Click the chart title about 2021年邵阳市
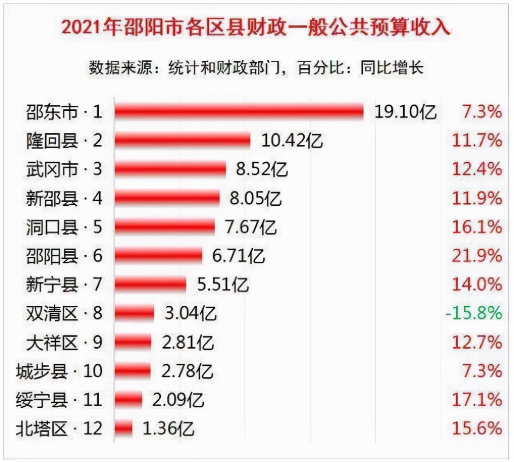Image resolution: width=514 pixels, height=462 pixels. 256,27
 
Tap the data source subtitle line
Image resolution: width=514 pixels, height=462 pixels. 256,68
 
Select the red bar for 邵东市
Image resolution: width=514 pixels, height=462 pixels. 239,112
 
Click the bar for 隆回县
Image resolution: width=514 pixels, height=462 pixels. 182,140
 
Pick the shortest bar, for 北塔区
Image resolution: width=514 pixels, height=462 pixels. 123,428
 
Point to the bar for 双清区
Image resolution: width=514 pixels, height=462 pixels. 134,313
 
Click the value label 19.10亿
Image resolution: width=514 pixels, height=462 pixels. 406,112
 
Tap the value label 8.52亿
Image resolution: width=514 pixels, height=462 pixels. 262,169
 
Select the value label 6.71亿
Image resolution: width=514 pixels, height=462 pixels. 238,256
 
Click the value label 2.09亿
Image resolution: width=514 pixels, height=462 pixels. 178,400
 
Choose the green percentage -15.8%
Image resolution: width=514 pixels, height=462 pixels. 474,313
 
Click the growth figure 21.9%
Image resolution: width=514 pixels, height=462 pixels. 477,256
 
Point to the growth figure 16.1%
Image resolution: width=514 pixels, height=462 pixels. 477,227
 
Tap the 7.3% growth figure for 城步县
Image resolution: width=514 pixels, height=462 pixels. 482,371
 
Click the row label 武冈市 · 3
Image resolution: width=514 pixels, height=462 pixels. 64,169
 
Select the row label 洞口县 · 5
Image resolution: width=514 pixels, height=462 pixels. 64,227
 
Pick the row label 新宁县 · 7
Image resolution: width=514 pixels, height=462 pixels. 64,284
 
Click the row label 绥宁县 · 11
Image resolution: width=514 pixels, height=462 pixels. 59,400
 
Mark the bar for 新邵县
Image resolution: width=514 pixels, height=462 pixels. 167,198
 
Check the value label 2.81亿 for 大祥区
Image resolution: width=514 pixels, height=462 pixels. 188,343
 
